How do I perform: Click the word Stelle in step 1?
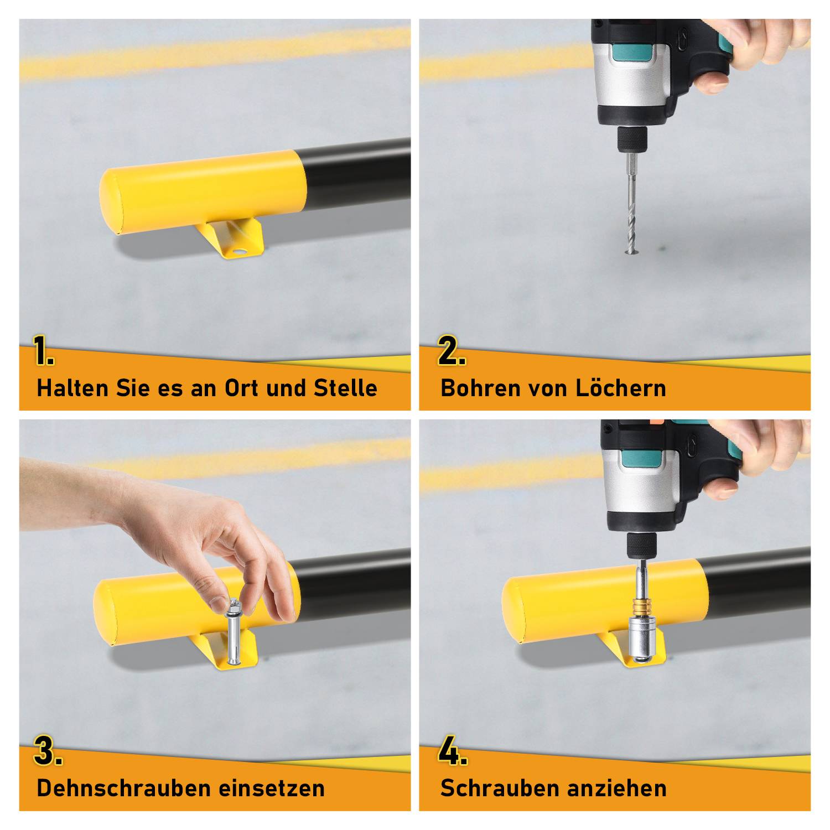pos(345,388)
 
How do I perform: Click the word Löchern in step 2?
pos(620,388)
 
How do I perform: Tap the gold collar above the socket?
pos(641,606)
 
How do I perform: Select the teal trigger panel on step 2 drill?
pos(632,53)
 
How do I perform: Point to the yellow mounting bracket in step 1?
pos(233,238)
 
